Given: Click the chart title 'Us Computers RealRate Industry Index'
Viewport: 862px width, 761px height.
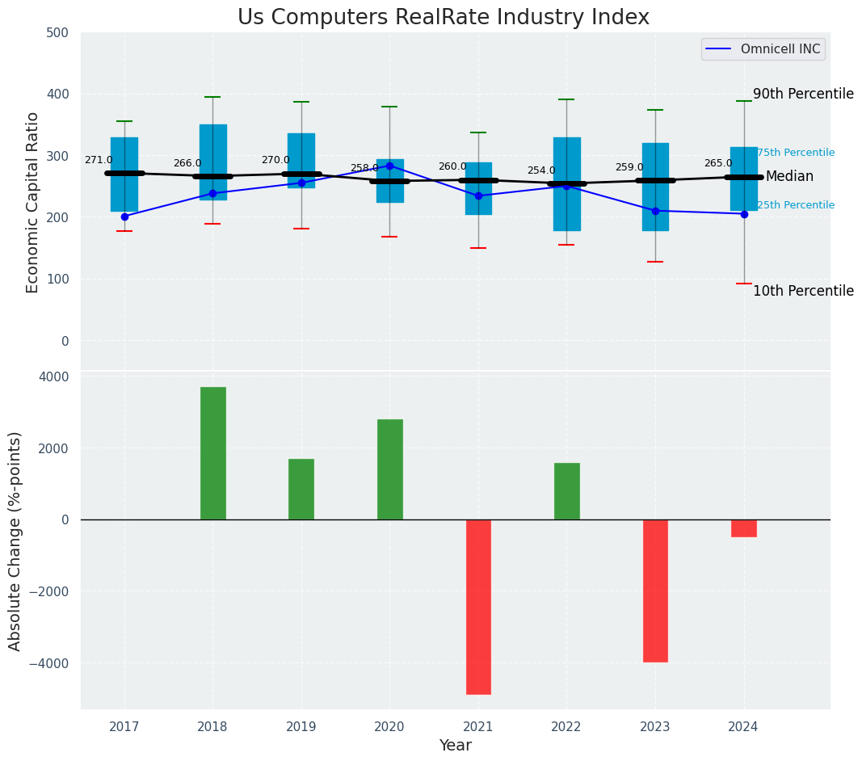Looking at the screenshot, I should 443,18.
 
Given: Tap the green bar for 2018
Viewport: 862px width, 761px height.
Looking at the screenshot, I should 213,453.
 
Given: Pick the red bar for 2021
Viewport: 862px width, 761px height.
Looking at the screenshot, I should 478,607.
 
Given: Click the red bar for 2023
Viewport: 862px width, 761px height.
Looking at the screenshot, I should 655,591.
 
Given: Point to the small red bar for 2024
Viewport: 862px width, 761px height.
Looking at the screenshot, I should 744,528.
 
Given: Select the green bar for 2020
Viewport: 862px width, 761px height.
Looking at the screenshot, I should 390,469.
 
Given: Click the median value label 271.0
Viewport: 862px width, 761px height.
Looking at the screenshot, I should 99,160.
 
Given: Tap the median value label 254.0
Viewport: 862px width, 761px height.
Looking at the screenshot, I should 541,170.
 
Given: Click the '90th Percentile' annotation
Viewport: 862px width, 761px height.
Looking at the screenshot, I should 803,94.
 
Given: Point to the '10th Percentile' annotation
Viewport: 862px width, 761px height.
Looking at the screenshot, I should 803,291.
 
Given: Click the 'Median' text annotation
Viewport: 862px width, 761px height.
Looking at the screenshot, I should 789,176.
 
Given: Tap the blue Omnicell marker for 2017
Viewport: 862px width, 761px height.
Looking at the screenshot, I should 124,217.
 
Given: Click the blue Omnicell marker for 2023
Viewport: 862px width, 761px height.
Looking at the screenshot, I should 655,211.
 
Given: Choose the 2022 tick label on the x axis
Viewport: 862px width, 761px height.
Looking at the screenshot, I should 566,727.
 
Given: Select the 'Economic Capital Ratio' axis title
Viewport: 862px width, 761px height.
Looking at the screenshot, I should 33,202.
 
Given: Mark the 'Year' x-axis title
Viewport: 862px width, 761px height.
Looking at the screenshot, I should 456,746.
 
